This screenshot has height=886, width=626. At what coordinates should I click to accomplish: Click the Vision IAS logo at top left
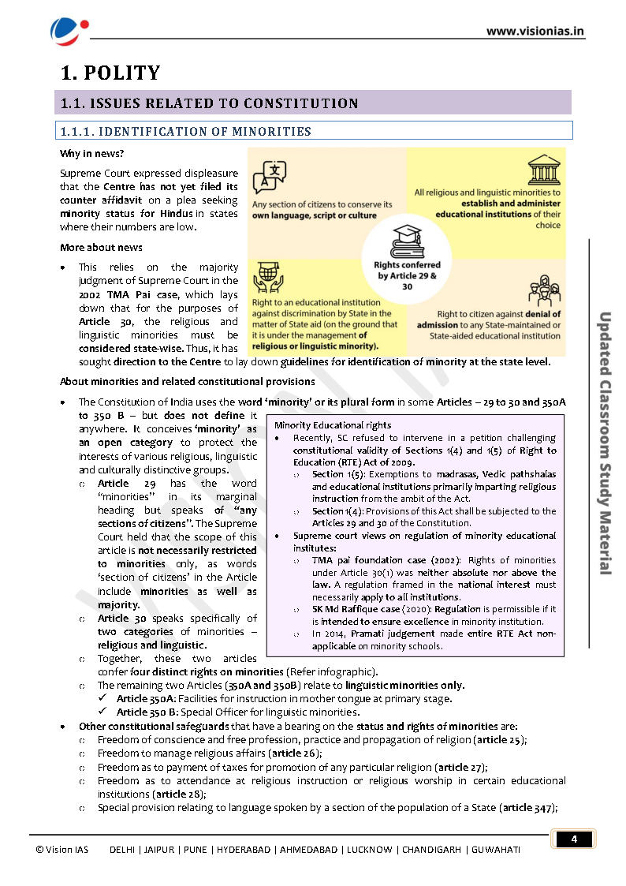pyautogui.click(x=65, y=30)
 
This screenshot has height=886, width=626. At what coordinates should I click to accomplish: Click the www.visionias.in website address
pyautogui.click(x=535, y=32)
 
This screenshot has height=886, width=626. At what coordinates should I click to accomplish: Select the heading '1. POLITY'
pyautogui.click(x=110, y=73)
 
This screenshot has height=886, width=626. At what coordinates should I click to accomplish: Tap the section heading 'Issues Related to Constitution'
pyautogui.click(x=210, y=103)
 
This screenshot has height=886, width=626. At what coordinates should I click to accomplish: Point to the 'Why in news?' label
pyautogui.click(x=91, y=153)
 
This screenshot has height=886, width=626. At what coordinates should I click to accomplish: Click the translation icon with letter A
pyautogui.click(x=269, y=177)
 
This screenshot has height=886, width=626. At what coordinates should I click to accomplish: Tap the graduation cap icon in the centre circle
pyautogui.click(x=408, y=237)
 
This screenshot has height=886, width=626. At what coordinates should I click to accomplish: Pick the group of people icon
pyautogui.click(x=543, y=290)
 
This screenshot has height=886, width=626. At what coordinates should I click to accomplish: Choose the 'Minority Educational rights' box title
pyautogui.click(x=321, y=425)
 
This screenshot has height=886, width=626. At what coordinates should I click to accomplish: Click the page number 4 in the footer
pyautogui.click(x=574, y=839)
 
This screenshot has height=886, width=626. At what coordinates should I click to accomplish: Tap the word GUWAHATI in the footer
pyautogui.click(x=496, y=850)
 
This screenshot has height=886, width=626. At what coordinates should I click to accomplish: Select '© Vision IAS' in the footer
pyautogui.click(x=62, y=850)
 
